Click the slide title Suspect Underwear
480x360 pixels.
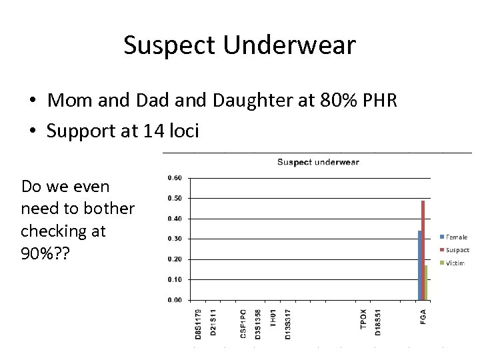point(239,45)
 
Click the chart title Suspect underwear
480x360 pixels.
point(318,162)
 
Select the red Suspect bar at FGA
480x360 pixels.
point(423,250)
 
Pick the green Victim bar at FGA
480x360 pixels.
point(426,283)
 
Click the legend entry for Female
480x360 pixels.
point(457,237)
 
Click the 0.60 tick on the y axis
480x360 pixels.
point(174,178)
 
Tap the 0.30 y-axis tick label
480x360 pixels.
point(174,239)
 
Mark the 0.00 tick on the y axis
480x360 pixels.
point(174,300)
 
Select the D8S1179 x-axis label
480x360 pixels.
point(198,324)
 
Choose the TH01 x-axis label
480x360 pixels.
point(273,318)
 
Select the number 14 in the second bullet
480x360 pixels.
point(153,131)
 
